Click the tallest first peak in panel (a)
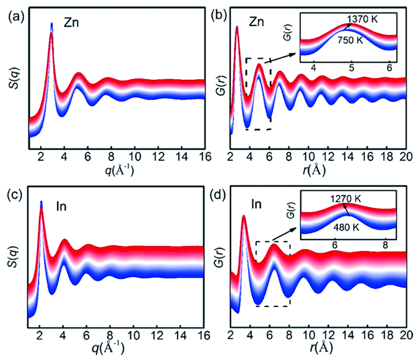[52, 24]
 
